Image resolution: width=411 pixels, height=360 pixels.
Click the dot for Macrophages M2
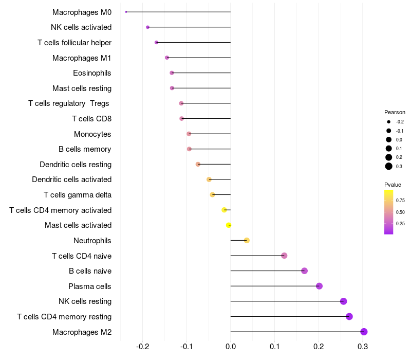pyautogui.click(x=364, y=332)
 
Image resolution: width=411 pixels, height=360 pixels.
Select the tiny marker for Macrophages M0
pyautogui.click(x=126, y=12)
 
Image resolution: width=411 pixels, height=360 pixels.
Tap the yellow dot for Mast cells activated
pyautogui.click(x=229, y=225)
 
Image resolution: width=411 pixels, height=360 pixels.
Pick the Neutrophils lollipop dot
pyautogui.click(x=247, y=240)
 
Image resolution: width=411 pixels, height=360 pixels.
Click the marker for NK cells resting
pyautogui.click(x=343, y=301)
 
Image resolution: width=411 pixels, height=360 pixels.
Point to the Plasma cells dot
pyautogui.click(x=319, y=286)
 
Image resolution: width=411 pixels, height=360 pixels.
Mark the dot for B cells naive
pyautogui.click(x=304, y=271)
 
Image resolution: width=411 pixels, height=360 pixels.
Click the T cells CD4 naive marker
pyautogui.click(x=284, y=256)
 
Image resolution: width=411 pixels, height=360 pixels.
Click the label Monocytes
pyautogui.click(x=92, y=134)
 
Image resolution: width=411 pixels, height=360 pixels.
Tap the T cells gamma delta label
pyautogui.click(x=78, y=195)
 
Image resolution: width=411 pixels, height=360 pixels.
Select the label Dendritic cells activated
pyautogui.click(x=71, y=179)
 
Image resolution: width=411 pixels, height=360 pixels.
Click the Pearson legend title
pyautogui.click(x=395, y=112)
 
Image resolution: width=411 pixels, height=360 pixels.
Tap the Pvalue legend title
pyautogui.click(x=393, y=185)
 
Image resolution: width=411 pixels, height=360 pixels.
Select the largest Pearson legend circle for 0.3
pyautogui.click(x=389, y=166)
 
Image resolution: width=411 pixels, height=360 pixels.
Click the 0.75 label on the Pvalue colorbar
pyautogui.click(x=400, y=201)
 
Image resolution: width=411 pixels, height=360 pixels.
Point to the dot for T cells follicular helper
pyautogui.click(x=156, y=42)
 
